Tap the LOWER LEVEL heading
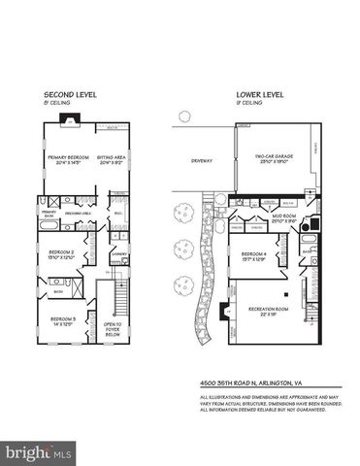[256, 95]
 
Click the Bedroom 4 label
[255, 255]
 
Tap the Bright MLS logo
[38, 452]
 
